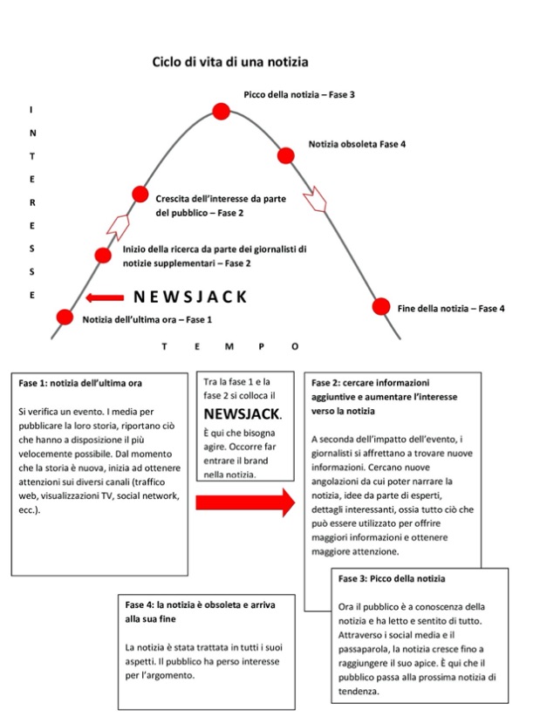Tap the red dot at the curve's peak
(222, 111)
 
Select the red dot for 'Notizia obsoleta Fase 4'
(285, 155)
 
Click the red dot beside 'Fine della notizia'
(380, 306)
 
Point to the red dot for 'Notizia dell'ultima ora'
(64, 318)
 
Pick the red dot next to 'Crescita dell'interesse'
(140, 195)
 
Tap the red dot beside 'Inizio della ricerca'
(103, 256)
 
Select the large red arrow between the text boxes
(245, 502)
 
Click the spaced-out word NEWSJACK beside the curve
(191, 297)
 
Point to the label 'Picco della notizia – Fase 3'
(298, 93)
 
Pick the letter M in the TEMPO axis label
(229, 346)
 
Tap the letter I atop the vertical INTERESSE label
(32, 110)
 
